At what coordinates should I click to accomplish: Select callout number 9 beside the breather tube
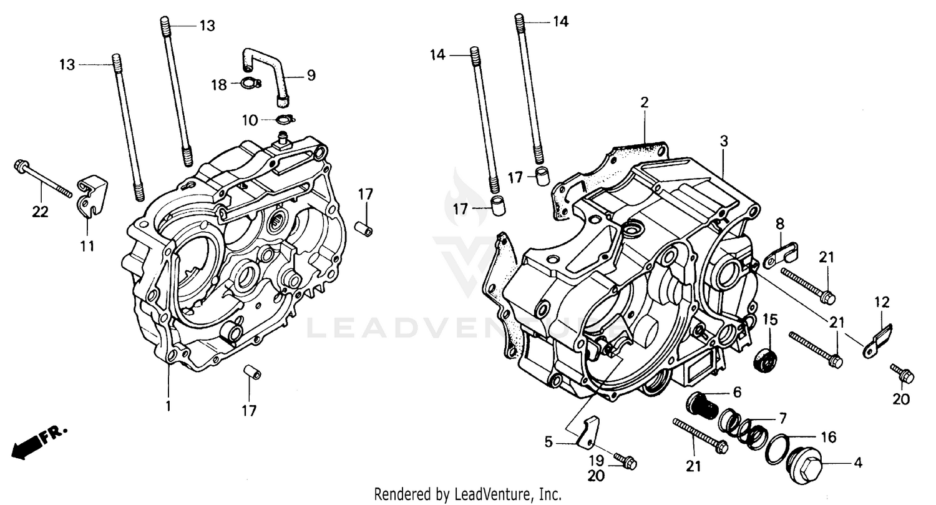coord(311,76)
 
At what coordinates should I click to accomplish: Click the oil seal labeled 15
coord(766,361)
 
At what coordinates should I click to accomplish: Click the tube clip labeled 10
coord(268,119)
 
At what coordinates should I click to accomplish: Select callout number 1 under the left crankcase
coord(168,406)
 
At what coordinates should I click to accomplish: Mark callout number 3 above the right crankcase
coord(724,141)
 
